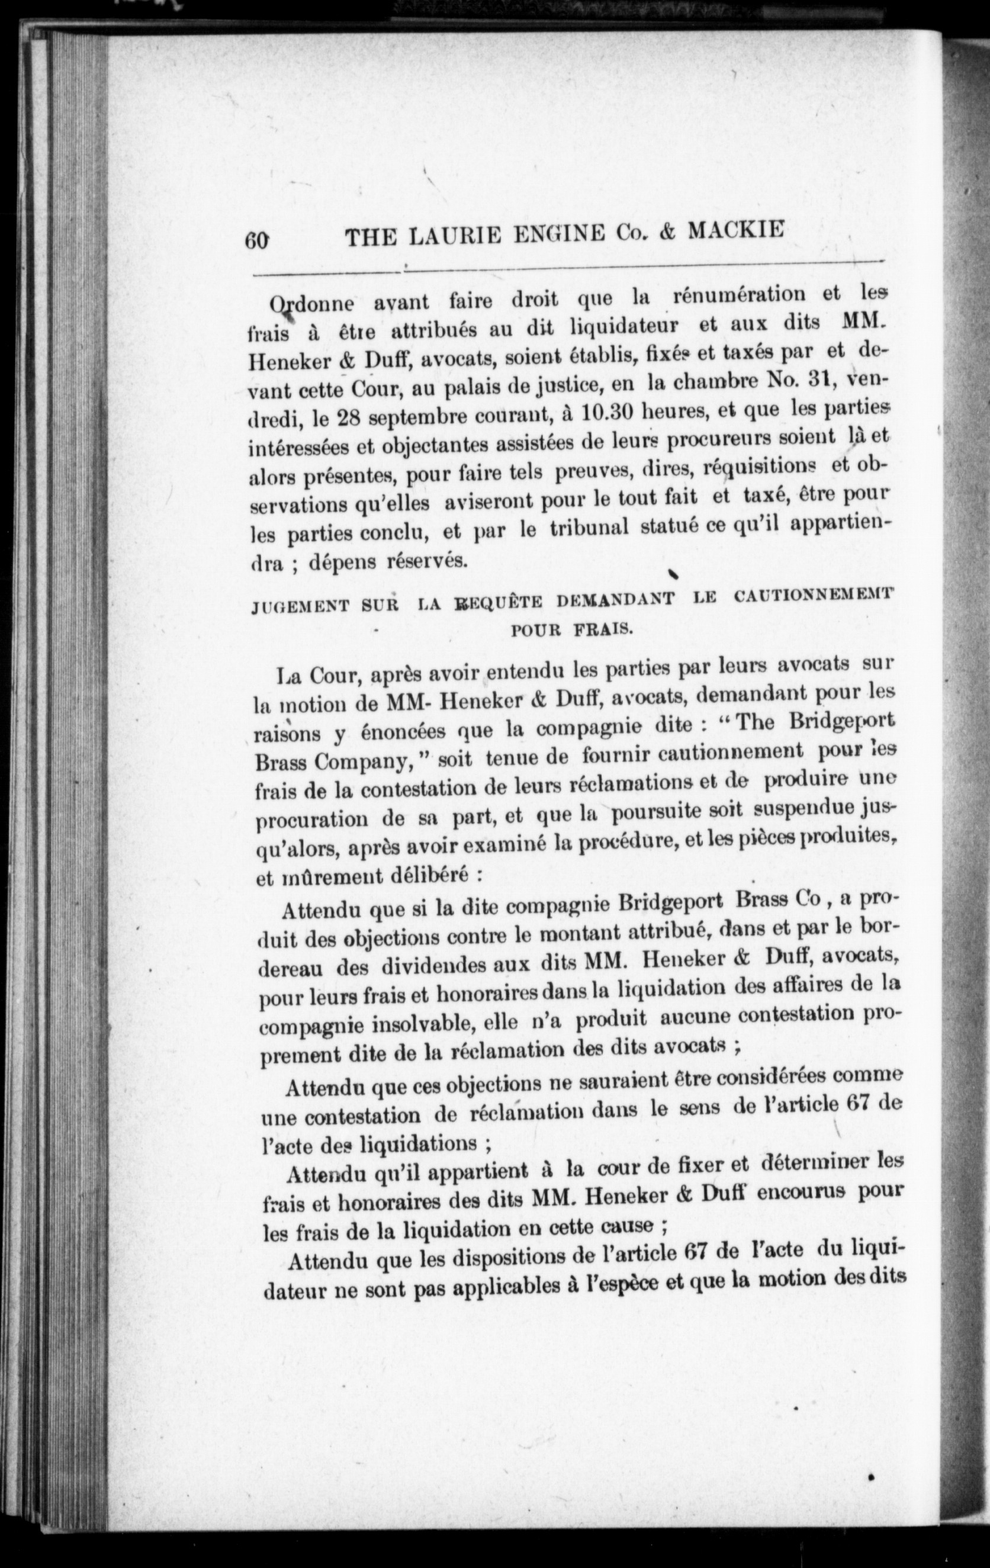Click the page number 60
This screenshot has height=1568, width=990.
click(x=256, y=240)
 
